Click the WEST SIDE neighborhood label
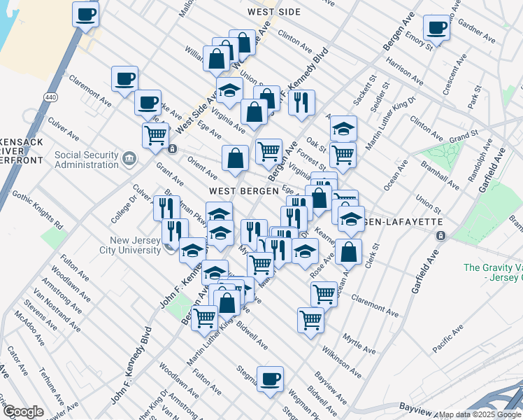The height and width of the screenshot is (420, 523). [273, 12]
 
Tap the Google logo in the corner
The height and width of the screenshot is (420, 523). [23, 412]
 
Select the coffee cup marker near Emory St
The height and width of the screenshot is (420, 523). [436, 28]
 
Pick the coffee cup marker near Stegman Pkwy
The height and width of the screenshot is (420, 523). [270, 380]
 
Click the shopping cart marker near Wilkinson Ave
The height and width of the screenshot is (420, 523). [310, 320]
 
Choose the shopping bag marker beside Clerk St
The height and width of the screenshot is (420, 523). [348, 251]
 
